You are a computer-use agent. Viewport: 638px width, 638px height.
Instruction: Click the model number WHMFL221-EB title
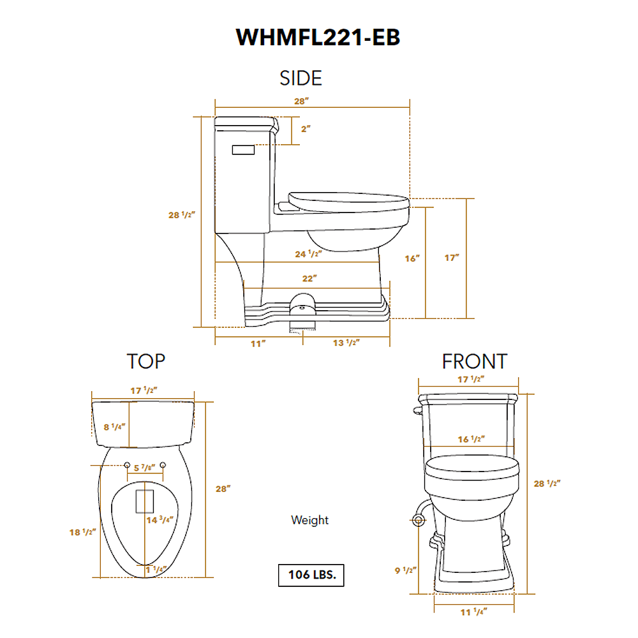click(x=318, y=38)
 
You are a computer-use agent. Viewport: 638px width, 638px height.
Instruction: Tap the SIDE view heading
click(x=300, y=78)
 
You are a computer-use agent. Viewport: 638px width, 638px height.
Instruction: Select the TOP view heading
click(x=146, y=361)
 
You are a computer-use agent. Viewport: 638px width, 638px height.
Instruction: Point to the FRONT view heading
click(x=474, y=362)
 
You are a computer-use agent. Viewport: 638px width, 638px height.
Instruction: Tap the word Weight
click(x=309, y=520)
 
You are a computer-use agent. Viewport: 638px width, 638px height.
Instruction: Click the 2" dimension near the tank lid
click(x=306, y=128)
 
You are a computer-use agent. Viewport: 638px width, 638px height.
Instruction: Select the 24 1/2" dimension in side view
click(x=308, y=253)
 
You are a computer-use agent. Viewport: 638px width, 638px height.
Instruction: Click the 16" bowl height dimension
click(x=413, y=258)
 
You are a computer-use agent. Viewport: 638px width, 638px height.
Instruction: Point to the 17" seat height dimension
click(x=452, y=258)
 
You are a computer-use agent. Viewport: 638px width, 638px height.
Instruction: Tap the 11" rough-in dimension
click(x=258, y=343)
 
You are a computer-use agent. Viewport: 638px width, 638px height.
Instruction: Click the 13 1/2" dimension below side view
click(x=346, y=343)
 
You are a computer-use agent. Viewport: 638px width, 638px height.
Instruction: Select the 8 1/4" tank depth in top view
click(x=115, y=427)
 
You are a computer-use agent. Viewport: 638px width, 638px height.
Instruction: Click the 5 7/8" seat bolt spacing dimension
click(x=144, y=468)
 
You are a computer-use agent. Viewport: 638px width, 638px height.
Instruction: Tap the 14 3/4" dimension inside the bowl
click(x=161, y=520)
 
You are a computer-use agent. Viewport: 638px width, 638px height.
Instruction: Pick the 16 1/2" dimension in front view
click(x=472, y=439)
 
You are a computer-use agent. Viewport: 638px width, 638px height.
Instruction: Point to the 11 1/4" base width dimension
click(x=473, y=612)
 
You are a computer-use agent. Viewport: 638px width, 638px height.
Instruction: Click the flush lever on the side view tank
click(x=243, y=149)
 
